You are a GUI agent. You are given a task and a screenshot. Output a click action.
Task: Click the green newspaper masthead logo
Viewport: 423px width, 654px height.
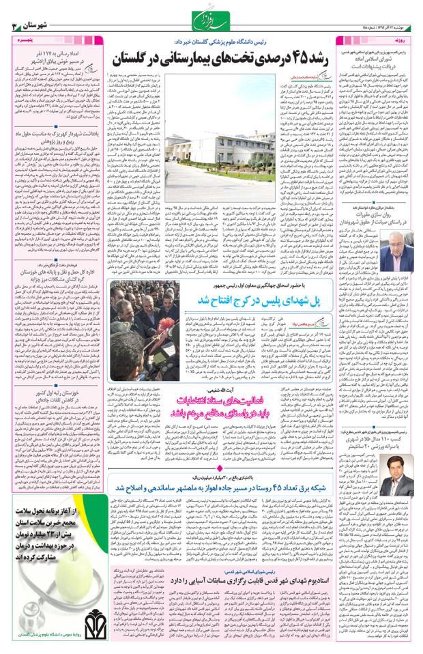pos(211,26)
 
